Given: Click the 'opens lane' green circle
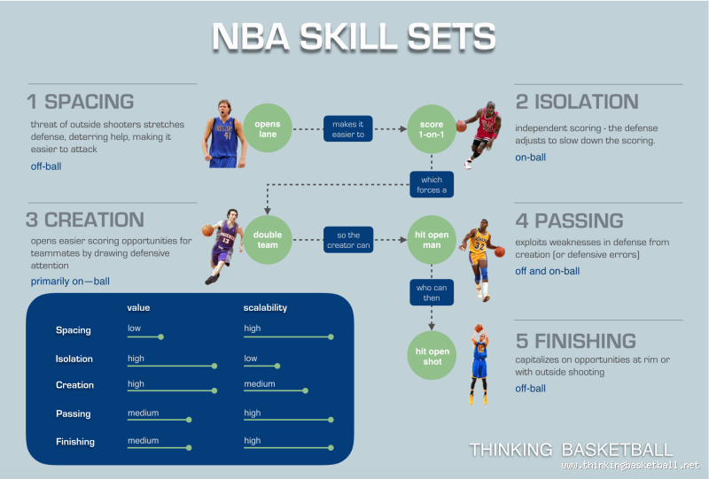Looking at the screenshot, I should tap(268, 129).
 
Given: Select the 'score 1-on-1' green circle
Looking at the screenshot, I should tap(432, 129).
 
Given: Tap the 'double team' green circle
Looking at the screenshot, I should tap(268, 238).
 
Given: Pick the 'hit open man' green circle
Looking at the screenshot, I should tap(432, 238).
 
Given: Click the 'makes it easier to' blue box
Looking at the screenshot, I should tap(347, 129).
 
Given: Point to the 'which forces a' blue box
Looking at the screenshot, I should tap(432, 184).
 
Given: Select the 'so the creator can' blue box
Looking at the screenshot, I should tap(347, 238).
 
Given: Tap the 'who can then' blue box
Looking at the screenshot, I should tap(432, 292).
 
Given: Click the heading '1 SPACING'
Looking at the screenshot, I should tap(81, 102).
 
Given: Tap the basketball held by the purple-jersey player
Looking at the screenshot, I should tap(207, 230).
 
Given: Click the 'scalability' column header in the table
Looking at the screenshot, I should tap(265, 308).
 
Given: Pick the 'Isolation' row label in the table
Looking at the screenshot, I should tap(74, 359).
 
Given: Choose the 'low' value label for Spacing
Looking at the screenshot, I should tap(135, 328).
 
